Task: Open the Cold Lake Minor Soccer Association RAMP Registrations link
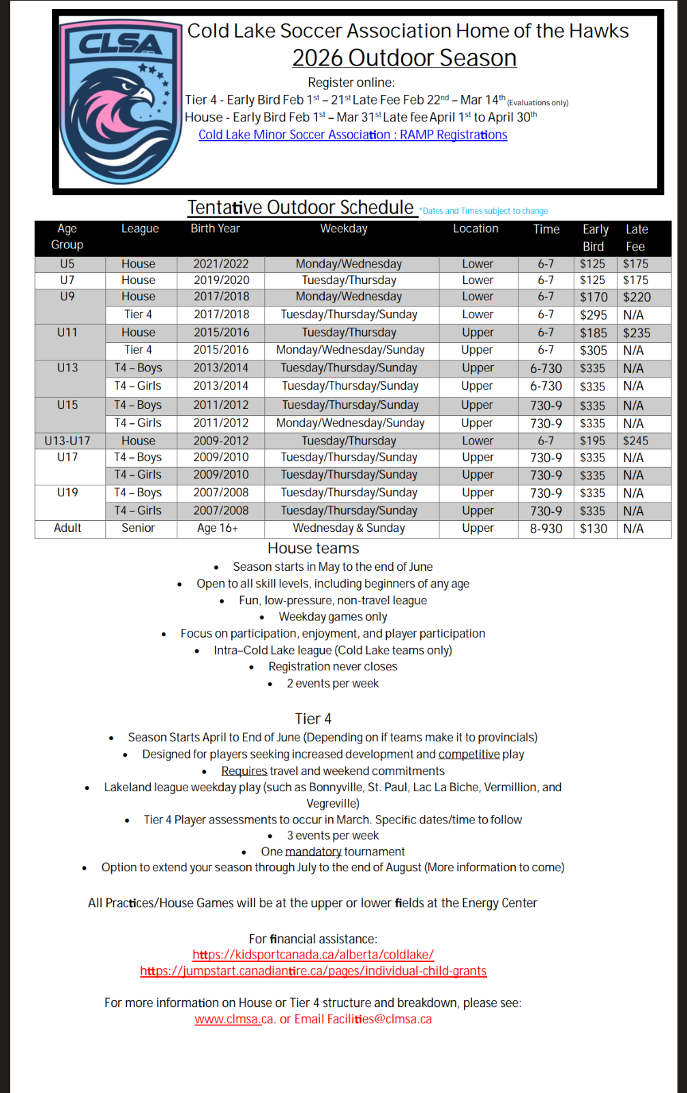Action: pyautogui.click(x=353, y=135)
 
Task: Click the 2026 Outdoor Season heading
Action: pyautogui.click(x=404, y=58)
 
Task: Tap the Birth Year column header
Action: pyautogui.click(x=215, y=229)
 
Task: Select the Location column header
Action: pyautogui.click(x=476, y=229)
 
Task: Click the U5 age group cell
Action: pyautogui.click(x=68, y=264)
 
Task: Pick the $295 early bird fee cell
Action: pyautogui.click(x=593, y=315)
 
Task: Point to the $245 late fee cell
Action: pyautogui.click(x=635, y=441)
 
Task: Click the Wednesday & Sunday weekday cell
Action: pyautogui.click(x=349, y=528)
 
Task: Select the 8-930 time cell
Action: pyautogui.click(x=546, y=528)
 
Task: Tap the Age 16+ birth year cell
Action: pyautogui.click(x=217, y=528)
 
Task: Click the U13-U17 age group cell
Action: pyautogui.click(x=68, y=441)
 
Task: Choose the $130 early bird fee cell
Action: pyautogui.click(x=593, y=528)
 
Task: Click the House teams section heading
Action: pyautogui.click(x=313, y=548)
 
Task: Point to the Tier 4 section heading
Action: pyautogui.click(x=313, y=719)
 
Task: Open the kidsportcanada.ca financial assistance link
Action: pyautogui.click(x=313, y=955)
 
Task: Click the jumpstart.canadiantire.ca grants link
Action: pyautogui.click(x=313, y=971)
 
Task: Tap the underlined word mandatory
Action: pyautogui.click(x=313, y=852)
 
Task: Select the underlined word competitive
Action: pyautogui.click(x=469, y=754)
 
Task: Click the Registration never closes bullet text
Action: pyautogui.click(x=332, y=667)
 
